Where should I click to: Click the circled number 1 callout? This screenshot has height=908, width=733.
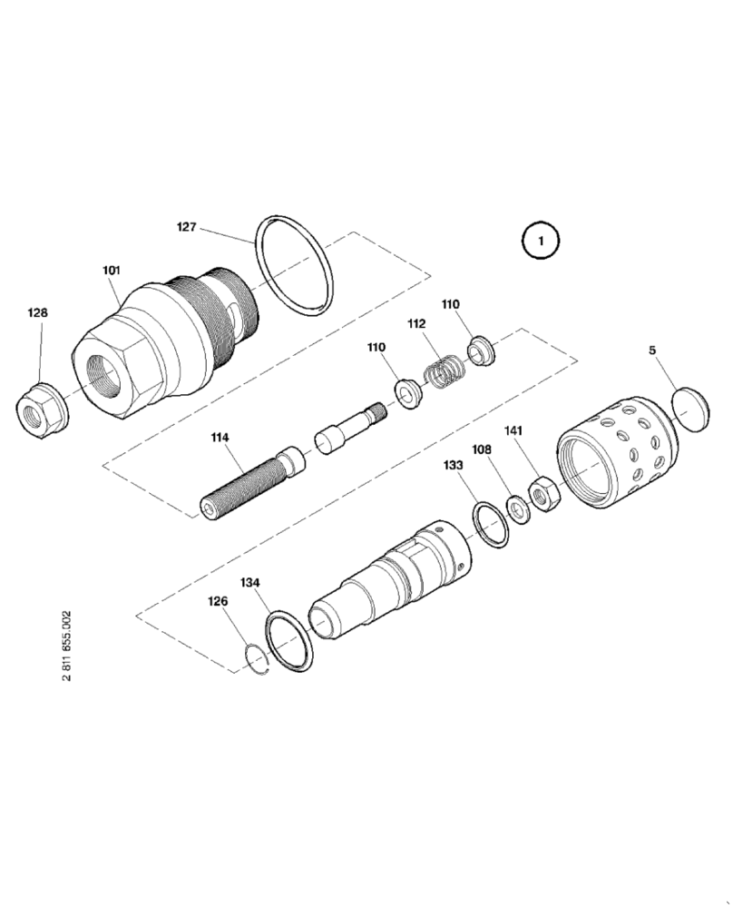point(540,242)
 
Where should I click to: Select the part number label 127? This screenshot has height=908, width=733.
point(185,228)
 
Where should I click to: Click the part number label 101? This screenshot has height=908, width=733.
point(111,270)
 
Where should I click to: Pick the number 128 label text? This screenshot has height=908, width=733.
point(38,312)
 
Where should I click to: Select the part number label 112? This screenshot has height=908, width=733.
point(416,324)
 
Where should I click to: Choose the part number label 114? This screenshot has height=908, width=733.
point(220,437)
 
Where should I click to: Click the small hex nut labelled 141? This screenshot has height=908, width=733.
point(544,495)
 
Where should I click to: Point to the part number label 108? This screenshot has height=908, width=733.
point(482,449)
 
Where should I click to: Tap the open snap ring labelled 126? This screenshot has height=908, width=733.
point(259,660)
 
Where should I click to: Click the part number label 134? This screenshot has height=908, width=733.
point(249,582)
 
